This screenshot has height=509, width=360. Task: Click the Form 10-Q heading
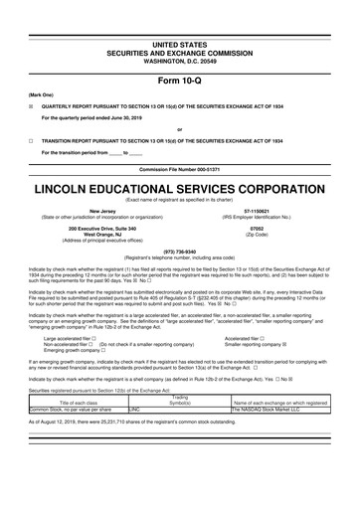coord(180,52)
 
